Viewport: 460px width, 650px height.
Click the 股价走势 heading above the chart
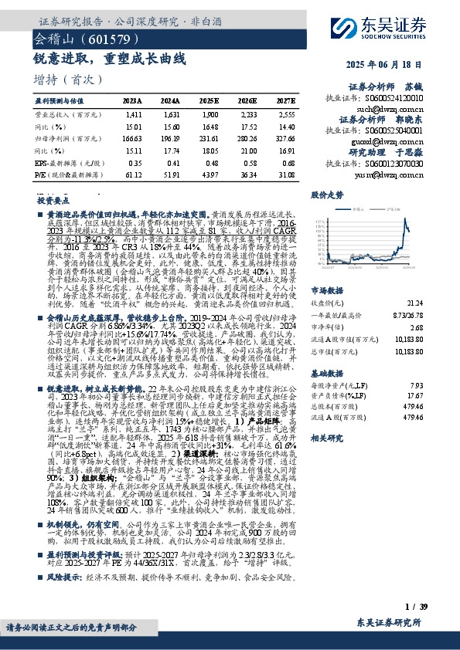[322, 196]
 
